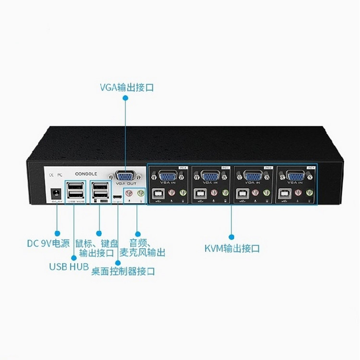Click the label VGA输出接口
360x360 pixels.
pyautogui.click(x=127, y=87)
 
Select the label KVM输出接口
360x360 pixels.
pyautogui.click(x=232, y=249)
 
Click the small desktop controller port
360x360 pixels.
pyautogui.click(x=117, y=197)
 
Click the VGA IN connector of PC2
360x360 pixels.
pyautogui.click(x=252, y=177)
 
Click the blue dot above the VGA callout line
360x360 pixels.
pyautogui.click(x=125, y=97)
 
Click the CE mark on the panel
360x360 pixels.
pyautogui.click(x=52, y=175)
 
